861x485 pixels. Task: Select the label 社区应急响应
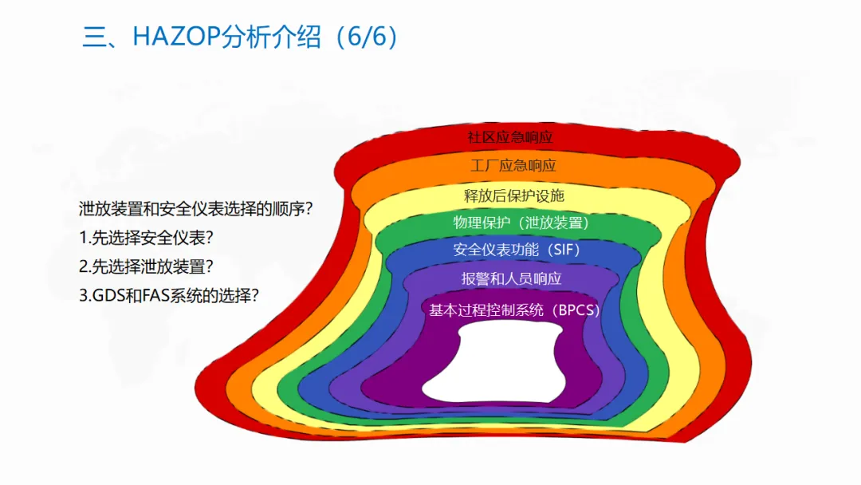coord(510,136)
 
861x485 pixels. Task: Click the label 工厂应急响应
coord(513,166)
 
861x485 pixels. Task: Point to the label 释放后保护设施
coord(514,195)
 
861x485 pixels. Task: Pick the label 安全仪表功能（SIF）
coord(517,250)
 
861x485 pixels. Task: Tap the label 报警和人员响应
coord(511,278)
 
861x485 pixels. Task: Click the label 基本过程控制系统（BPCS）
coord(514,310)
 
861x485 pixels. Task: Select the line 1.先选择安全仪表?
coord(147,238)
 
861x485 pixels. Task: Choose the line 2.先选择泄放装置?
coord(147,266)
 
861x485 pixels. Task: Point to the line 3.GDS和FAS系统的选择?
coord(169,295)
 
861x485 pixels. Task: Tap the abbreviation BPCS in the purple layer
coord(576,310)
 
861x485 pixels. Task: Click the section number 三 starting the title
coord(94,37)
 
